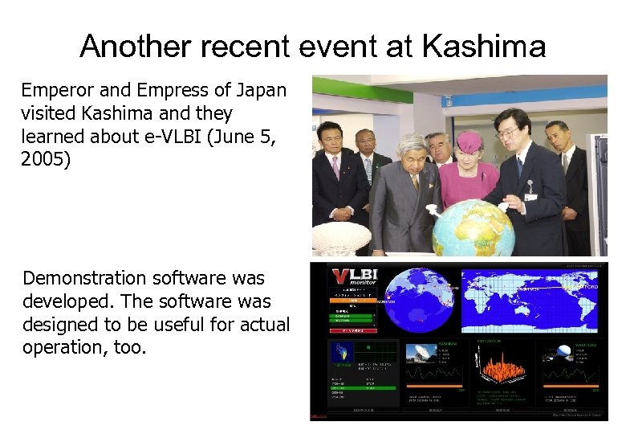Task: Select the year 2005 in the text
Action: pos(46,159)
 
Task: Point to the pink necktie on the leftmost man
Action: pos(335,166)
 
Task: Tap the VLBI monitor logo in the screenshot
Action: pos(353,281)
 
